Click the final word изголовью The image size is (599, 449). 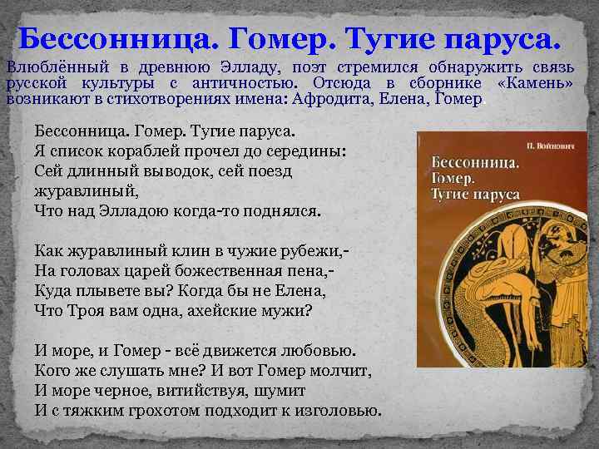[338, 410]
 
